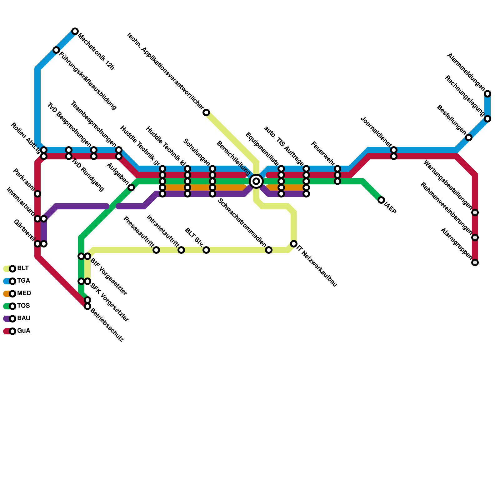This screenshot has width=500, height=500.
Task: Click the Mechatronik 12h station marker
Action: (x=75, y=31)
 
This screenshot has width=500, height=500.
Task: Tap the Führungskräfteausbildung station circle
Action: (x=56, y=50)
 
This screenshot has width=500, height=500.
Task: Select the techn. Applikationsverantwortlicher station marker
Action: (x=206, y=112)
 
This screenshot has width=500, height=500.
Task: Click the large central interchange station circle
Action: (x=256, y=181)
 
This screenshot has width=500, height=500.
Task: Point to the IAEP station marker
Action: (x=381, y=200)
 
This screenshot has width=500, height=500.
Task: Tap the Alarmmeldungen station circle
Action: (x=487, y=94)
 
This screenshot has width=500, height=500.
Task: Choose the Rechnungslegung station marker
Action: (x=487, y=119)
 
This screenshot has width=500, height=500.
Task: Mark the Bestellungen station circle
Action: (x=469, y=137)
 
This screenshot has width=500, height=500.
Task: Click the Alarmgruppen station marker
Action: (x=475, y=262)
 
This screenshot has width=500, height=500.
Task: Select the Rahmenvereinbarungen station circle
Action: (x=475, y=237)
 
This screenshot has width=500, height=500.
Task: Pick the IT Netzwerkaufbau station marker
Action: (x=294, y=244)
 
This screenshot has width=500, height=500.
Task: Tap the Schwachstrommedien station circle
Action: (x=269, y=250)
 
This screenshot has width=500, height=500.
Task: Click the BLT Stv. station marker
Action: (x=206, y=250)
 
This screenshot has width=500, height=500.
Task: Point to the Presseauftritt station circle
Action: (x=156, y=250)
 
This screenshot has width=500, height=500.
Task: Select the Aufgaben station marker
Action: (x=131, y=187)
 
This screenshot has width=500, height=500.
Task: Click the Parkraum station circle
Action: (x=37, y=194)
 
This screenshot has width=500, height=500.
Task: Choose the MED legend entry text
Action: (x=24, y=293)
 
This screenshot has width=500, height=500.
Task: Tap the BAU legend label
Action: (x=24, y=318)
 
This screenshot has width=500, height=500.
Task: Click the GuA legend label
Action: (x=24, y=331)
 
